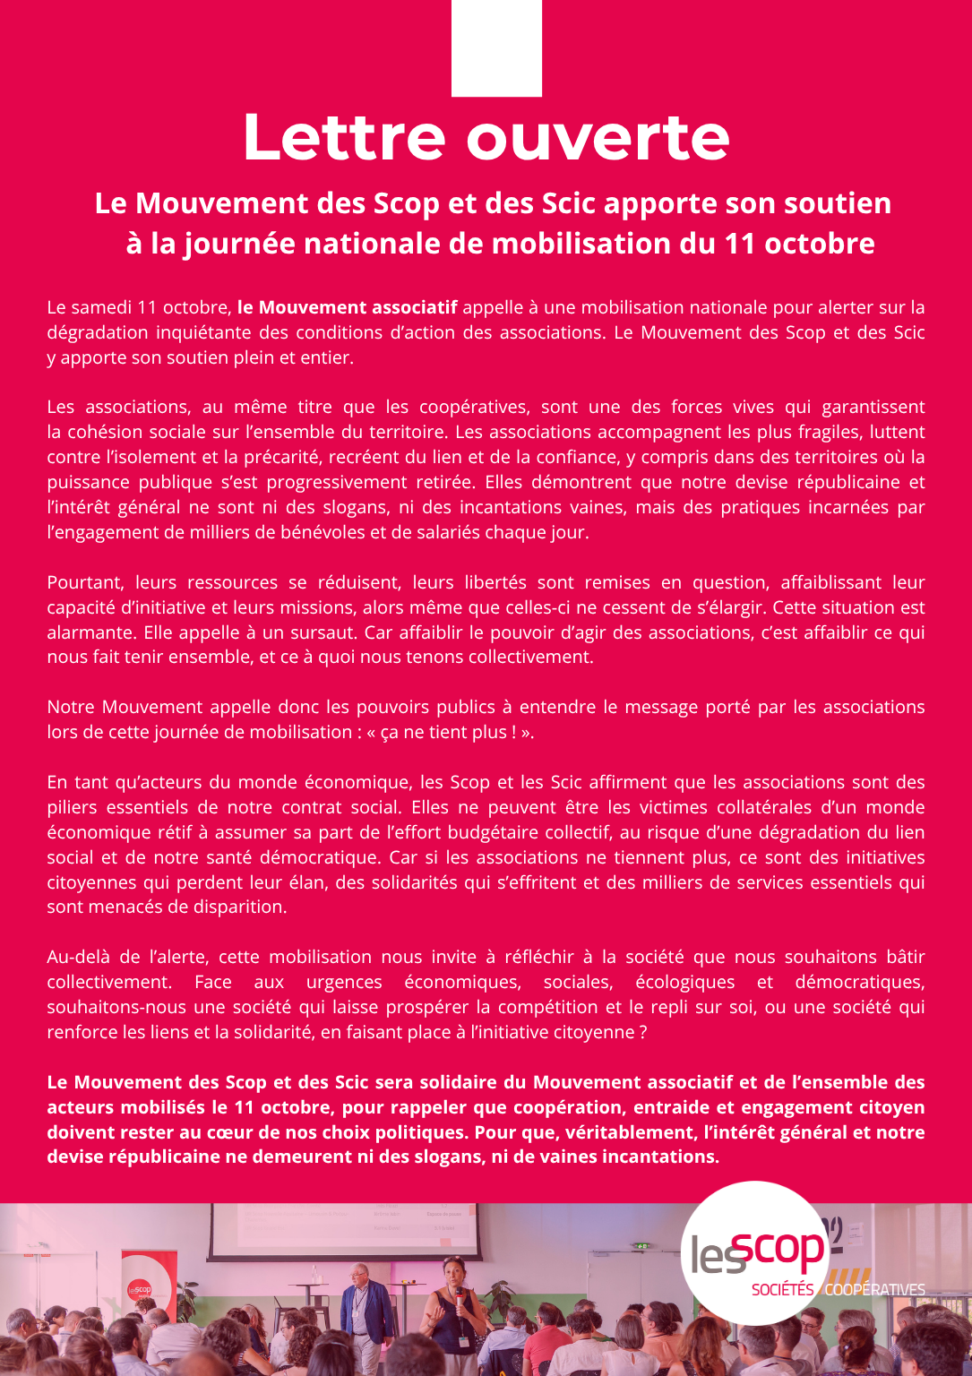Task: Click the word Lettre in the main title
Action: [x=343, y=138]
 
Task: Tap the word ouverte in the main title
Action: [x=598, y=138]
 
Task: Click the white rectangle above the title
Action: [x=496, y=47]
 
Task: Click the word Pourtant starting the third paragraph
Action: [x=87, y=582]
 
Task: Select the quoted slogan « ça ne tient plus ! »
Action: [x=451, y=732]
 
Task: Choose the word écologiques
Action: [x=684, y=982]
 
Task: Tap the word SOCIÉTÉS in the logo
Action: [x=782, y=1290]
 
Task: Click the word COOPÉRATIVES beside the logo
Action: [x=874, y=1290]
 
